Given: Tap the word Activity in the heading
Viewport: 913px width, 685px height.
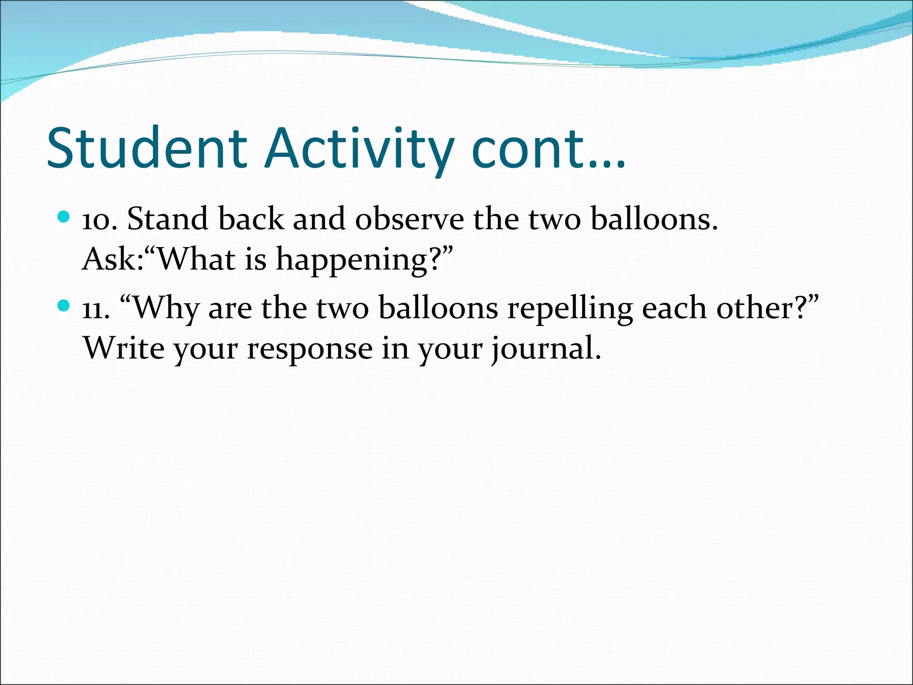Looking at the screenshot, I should pyautogui.click(x=359, y=149).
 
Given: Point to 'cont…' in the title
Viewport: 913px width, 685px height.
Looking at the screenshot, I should pyautogui.click(x=548, y=149).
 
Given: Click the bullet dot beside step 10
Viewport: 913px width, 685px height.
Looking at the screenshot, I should pyautogui.click(x=64, y=217).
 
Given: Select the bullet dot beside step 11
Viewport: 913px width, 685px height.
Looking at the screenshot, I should pyautogui.click(x=64, y=306).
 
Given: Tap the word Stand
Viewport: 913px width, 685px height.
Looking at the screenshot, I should pyautogui.click(x=168, y=219).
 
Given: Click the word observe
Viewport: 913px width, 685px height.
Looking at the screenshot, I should pyautogui.click(x=409, y=219).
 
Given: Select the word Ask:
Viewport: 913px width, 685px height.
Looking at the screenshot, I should pyautogui.click(x=113, y=260).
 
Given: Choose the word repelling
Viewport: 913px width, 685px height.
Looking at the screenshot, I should pyautogui.click(x=570, y=309).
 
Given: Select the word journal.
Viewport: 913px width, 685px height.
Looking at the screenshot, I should pyautogui.click(x=546, y=349).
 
